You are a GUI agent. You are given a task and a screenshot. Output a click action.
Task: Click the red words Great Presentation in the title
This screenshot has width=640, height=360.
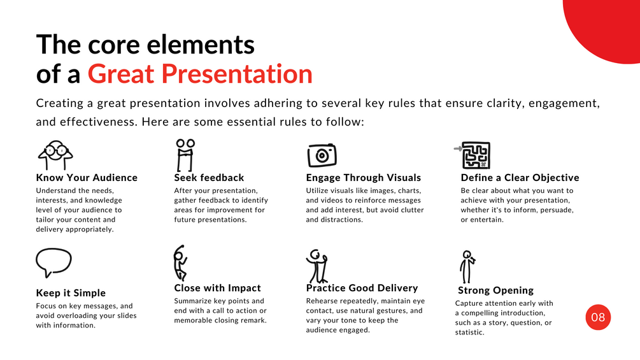(x=200, y=74)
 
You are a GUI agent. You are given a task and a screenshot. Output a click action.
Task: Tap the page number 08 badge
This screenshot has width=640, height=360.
(x=598, y=317)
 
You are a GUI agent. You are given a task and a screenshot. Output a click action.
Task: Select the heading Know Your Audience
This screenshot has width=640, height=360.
(x=87, y=178)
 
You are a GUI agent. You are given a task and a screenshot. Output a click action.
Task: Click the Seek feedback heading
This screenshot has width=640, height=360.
(x=209, y=178)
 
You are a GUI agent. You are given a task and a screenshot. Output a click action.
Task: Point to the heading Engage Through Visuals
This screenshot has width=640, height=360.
(x=363, y=178)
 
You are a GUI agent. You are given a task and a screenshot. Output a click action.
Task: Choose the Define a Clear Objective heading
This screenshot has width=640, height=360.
(x=520, y=178)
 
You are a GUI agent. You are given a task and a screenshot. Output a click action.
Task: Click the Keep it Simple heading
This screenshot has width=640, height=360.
(x=71, y=293)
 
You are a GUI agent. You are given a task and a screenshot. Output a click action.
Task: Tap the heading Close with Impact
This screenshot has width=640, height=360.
(x=217, y=288)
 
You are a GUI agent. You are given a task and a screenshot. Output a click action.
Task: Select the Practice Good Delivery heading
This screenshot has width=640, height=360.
(x=362, y=288)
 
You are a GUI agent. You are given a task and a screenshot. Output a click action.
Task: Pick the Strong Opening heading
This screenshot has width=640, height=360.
(x=495, y=290)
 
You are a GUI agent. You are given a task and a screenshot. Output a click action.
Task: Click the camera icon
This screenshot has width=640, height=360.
(x=322, y=155)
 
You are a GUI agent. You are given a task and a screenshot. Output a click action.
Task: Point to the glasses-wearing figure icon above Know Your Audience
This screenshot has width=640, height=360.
(x=55, y=155)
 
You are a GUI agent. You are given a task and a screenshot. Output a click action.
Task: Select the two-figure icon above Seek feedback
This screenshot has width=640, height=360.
(x=185, y=155)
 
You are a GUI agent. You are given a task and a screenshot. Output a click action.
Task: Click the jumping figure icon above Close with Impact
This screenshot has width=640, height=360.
(x=179, y=263)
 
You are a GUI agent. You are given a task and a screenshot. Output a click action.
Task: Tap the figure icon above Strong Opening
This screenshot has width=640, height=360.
(x=467, y=267)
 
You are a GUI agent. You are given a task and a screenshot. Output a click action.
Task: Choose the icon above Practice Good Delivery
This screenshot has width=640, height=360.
(x=317, y=267)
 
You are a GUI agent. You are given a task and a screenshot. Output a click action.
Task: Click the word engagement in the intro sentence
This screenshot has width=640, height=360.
(x=564, y=103)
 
